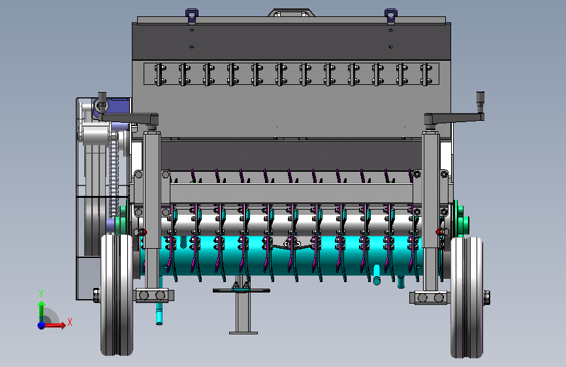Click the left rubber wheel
coord(117,295)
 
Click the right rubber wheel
coord(467,297)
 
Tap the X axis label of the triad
coord(70,322)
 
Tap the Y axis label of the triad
coord(41,294)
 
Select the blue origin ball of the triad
coord(42,325)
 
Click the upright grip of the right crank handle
coord(480,103)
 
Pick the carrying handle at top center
coord(291,13)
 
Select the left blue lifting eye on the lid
coord(192,16)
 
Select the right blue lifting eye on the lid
coord(391,16)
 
